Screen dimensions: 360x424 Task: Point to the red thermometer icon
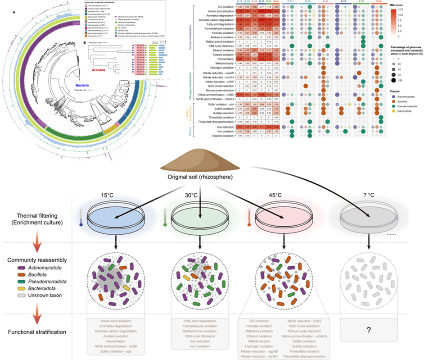[249, 215]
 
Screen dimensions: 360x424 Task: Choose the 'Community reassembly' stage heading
[37, 260]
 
